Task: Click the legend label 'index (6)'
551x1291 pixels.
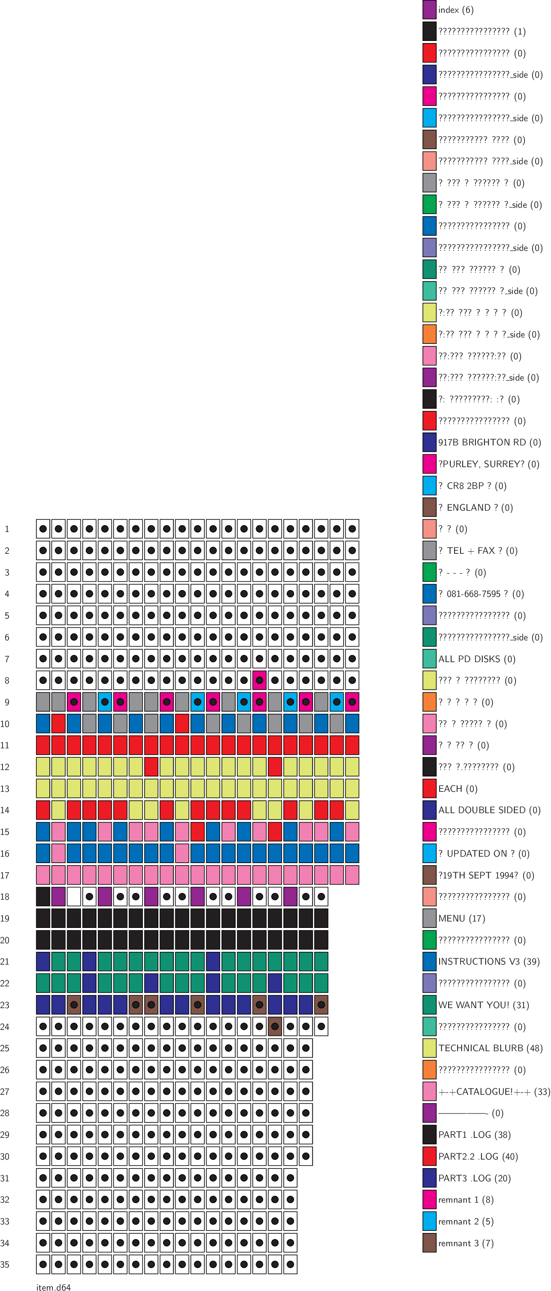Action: pos(455,10)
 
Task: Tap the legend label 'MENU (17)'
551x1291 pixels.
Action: pos(461,919)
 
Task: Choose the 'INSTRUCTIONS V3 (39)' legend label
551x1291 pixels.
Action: pos(489,962)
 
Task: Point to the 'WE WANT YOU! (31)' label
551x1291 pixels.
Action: pos(483,1005)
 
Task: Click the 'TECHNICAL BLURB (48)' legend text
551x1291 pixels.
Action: pos(490,1048)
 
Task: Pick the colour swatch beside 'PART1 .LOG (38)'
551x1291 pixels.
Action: pos(429,1134)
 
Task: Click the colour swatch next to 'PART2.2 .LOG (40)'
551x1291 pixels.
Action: pos(429,1156)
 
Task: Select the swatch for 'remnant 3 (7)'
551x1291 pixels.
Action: pos(429,1243)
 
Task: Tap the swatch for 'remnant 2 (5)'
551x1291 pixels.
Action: pos(429,1221)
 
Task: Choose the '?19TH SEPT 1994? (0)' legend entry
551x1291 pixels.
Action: pos(486,875)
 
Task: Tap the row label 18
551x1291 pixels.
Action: pos(5,897)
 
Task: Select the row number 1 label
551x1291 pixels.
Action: pos(7,529)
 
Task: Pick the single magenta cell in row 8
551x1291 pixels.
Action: pos(259,680)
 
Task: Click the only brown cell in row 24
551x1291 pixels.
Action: pos(275,1026)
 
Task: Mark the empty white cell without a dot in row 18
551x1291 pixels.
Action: pos(74,897)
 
